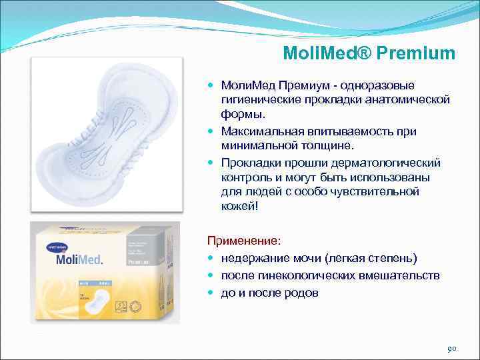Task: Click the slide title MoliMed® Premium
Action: pos(369,53)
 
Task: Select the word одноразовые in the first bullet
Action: pos(378,86)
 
